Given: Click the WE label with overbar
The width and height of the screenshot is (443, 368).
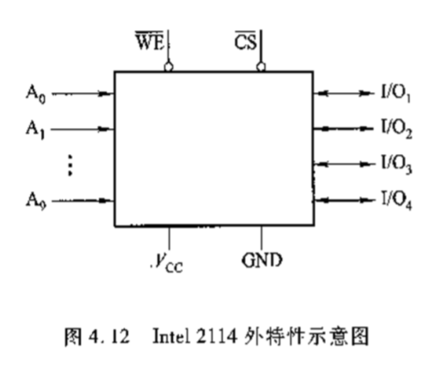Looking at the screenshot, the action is pos(150,42).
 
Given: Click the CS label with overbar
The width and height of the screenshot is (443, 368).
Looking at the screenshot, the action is pos(245,41).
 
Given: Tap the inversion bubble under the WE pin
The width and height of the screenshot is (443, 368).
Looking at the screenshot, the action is pos(169,67).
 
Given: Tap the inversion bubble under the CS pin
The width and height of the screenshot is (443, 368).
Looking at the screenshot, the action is pos(261,67).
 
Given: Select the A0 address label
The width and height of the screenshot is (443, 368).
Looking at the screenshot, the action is pos(36,95).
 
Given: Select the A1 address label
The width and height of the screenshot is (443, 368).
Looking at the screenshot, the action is pos(35,131).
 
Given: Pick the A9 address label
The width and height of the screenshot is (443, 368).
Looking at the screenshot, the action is pos(36,201).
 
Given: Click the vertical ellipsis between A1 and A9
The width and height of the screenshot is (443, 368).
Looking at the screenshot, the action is pos(70,165).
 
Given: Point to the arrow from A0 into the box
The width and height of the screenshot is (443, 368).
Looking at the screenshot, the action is pos(83,94).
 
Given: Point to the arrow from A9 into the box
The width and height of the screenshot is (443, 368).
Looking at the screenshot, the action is pos(83,200).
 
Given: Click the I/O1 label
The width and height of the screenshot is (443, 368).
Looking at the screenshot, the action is pos(396,94).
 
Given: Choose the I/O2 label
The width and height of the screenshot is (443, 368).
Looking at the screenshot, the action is pos(397,130).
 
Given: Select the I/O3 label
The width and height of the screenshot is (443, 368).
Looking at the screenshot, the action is pos(397,165).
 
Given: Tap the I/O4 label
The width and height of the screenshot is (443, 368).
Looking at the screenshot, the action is pos(397,201).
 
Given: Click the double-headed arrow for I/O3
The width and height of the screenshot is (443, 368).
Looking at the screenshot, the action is pos(344,164).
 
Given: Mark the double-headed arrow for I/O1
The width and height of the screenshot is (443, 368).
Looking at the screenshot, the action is pos(344,93).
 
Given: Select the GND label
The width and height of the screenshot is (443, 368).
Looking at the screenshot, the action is pos(262,261).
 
